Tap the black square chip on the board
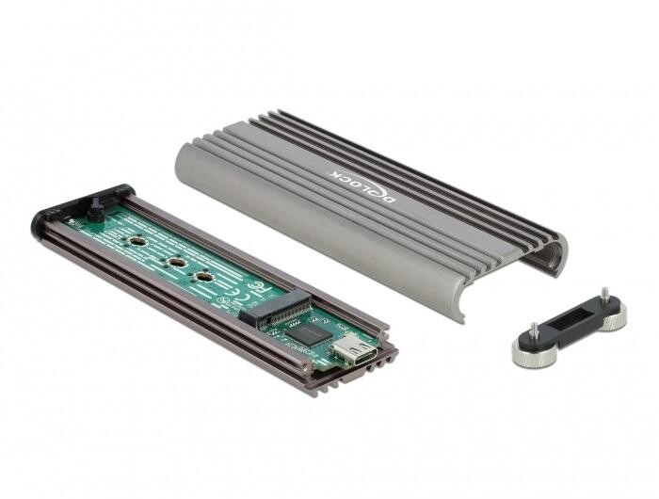(304, 332)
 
